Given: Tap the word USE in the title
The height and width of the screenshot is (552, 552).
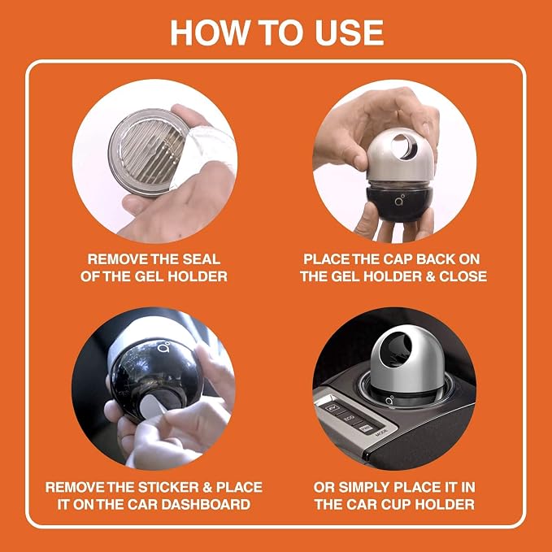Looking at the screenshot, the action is pyautogui.click(x=350, y=33).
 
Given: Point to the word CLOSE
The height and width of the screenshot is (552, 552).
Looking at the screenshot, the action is pyautogui.click(x=463, y=276).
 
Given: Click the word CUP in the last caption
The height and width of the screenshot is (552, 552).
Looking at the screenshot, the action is pyautogui.click(x=396, y=504).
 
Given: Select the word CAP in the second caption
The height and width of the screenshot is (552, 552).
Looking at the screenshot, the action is pyautogui.click(x=398, y=259).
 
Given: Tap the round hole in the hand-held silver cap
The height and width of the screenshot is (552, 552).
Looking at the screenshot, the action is pyautogui.click(x=404, y=146).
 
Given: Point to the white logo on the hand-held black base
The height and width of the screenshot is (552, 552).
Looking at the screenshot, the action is pyautogui.click(x=399, y=201).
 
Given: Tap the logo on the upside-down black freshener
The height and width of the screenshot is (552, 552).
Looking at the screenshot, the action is pyautogui.click(x=164, y=348).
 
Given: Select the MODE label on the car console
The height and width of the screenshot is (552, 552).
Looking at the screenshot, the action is pyautogui.click(x=381, y=431).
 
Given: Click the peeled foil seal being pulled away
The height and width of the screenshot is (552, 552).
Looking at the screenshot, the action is pyautogui.click(x=207, y=148).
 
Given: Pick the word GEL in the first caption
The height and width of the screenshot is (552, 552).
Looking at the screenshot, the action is pyautogui.click(x=150, y=276).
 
